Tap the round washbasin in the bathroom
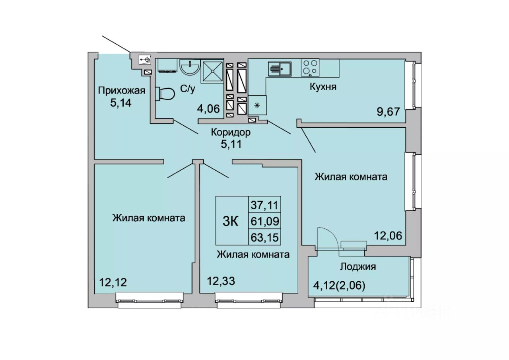coord(190,67)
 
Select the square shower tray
coord(212,71)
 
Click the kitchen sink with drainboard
coord(280,69)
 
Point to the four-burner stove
coord(310,68)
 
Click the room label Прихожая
coord(122,91)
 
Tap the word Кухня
coord(323,87)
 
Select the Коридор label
coord(231,132)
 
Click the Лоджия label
coord(358,267)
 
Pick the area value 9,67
coord(388,112)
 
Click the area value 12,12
coord(113,282)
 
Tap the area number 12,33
coord(221,281)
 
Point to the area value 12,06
coord(388,235)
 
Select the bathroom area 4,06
coord(208,109)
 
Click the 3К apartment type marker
coord(230,221)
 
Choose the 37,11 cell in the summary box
coord(264,205)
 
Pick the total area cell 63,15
coord(264,237)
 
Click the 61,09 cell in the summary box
coord(265,221)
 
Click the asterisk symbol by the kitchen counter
coord(257,105)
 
